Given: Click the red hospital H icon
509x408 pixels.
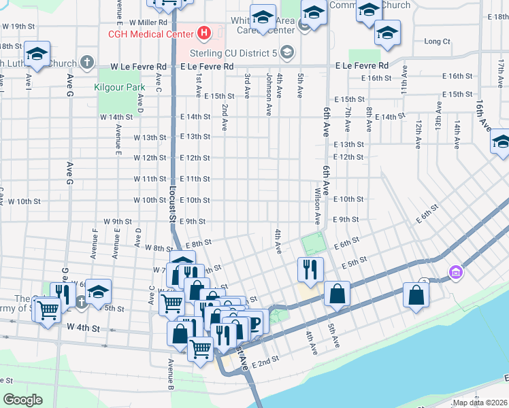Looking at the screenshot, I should [x=203, y=33].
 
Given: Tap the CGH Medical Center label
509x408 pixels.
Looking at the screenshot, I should [x=148, y=33].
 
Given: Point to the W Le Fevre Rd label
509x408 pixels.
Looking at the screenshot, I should [x=138, y=67].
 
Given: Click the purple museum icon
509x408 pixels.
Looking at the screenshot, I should [x=455, y=273].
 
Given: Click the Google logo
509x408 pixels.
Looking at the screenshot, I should [x=24, y=400].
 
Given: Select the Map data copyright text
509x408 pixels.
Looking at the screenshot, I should [x=480, y=403].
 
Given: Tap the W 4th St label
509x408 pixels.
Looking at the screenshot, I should [x=83, y=328].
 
